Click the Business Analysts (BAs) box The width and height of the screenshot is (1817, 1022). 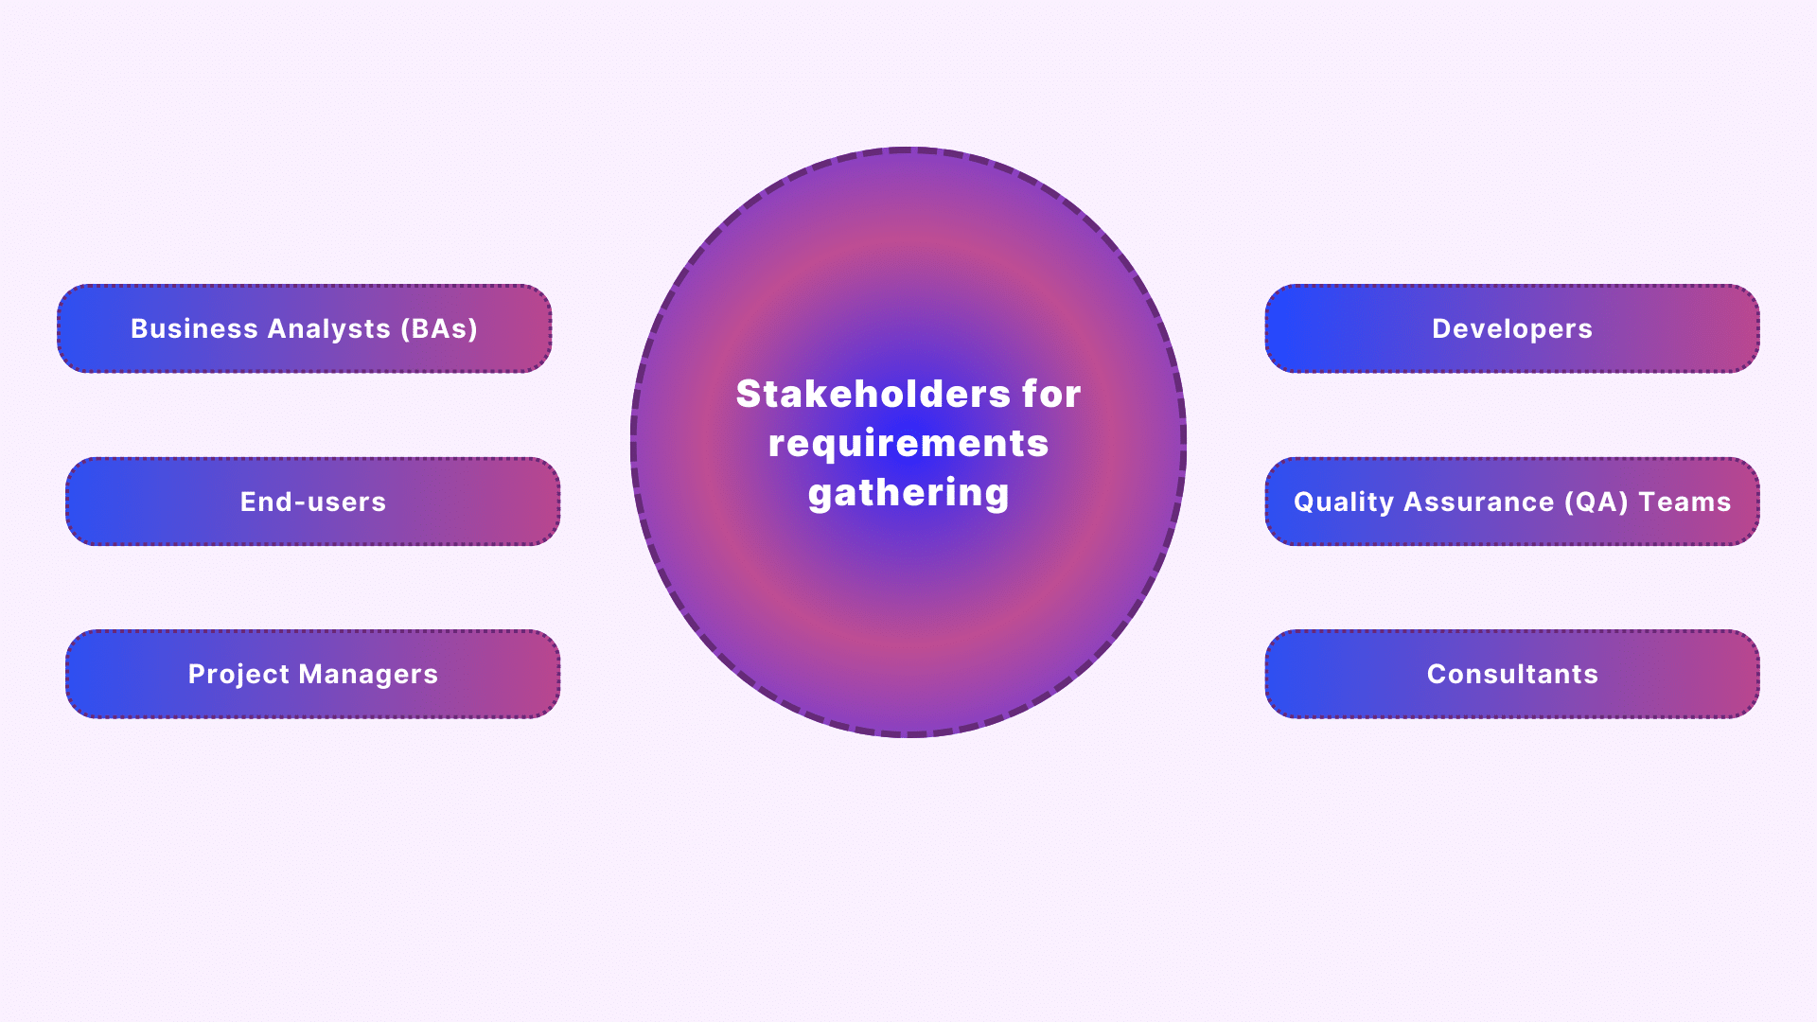coord(305,328)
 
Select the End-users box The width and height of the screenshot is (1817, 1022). coord(313,502)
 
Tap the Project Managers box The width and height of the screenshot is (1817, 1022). coord(313,674)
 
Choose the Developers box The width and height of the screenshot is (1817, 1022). coord(1512,328)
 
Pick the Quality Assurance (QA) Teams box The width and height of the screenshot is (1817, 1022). coord(1512,502)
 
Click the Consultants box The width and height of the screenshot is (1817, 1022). coord(1512,674)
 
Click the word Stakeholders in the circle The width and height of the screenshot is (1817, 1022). coord(873,394)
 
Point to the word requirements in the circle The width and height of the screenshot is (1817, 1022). coord(908,444)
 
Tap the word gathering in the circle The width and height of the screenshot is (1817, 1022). coord(908,493)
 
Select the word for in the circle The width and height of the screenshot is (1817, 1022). coord(1051,394)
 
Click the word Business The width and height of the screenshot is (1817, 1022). coord(194,328)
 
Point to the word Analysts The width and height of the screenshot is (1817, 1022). coord(329,329)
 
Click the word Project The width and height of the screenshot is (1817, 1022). coord(238,675)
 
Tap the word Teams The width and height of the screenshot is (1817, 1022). coord(1685,502)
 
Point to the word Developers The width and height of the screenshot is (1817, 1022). coord(1512,329)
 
